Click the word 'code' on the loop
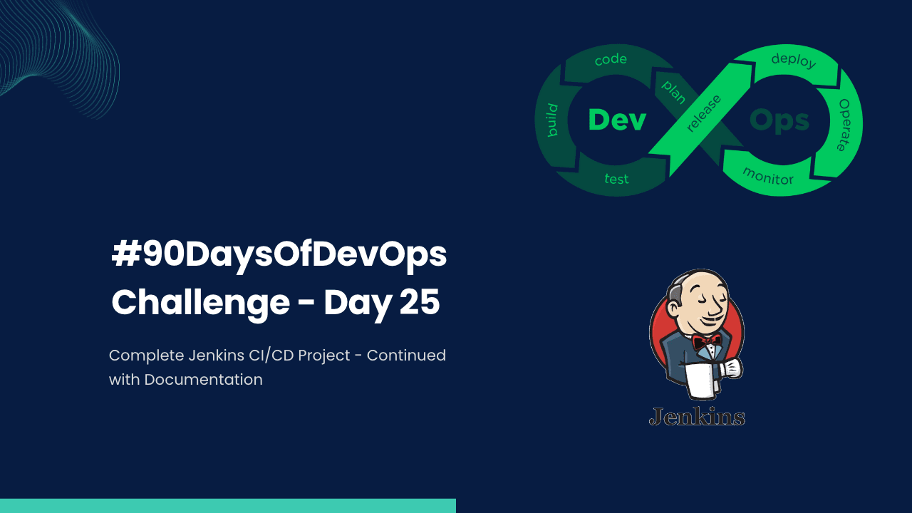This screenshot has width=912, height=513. (611, 60)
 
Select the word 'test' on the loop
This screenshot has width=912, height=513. (616, 178)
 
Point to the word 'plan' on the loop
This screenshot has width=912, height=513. (673, 92)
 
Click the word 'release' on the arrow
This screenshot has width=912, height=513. (703, 113)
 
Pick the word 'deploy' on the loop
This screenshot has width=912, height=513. (793, 61)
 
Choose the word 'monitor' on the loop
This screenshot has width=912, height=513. (768, 175)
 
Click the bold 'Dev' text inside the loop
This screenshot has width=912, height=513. (617, 120)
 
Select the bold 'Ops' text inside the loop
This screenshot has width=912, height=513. (779, 120)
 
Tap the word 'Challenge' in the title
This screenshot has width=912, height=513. (200, 303)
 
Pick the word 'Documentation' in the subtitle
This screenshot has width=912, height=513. (203, 380)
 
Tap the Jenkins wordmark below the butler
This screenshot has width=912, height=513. (697, 416)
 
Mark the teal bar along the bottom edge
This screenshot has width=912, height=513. (228, 505)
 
